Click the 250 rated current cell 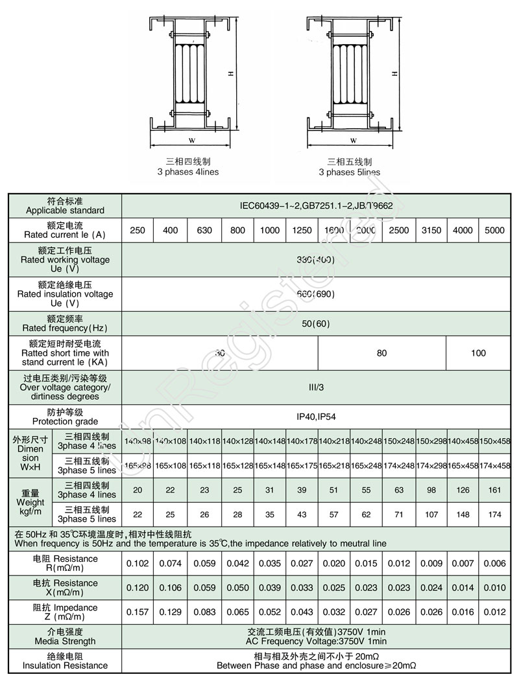pos(138,231)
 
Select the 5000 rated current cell pos(494,231)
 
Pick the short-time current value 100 pos(478,353)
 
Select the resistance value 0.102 pos(138,563)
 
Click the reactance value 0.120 pos(138,588)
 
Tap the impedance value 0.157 pos(138,612)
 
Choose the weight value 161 pos(494,490)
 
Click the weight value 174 pos(494,515)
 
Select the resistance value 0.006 pos(494,563)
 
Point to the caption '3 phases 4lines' pos(187,172)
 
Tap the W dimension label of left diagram pos(191,139)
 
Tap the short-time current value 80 pos(381,353)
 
